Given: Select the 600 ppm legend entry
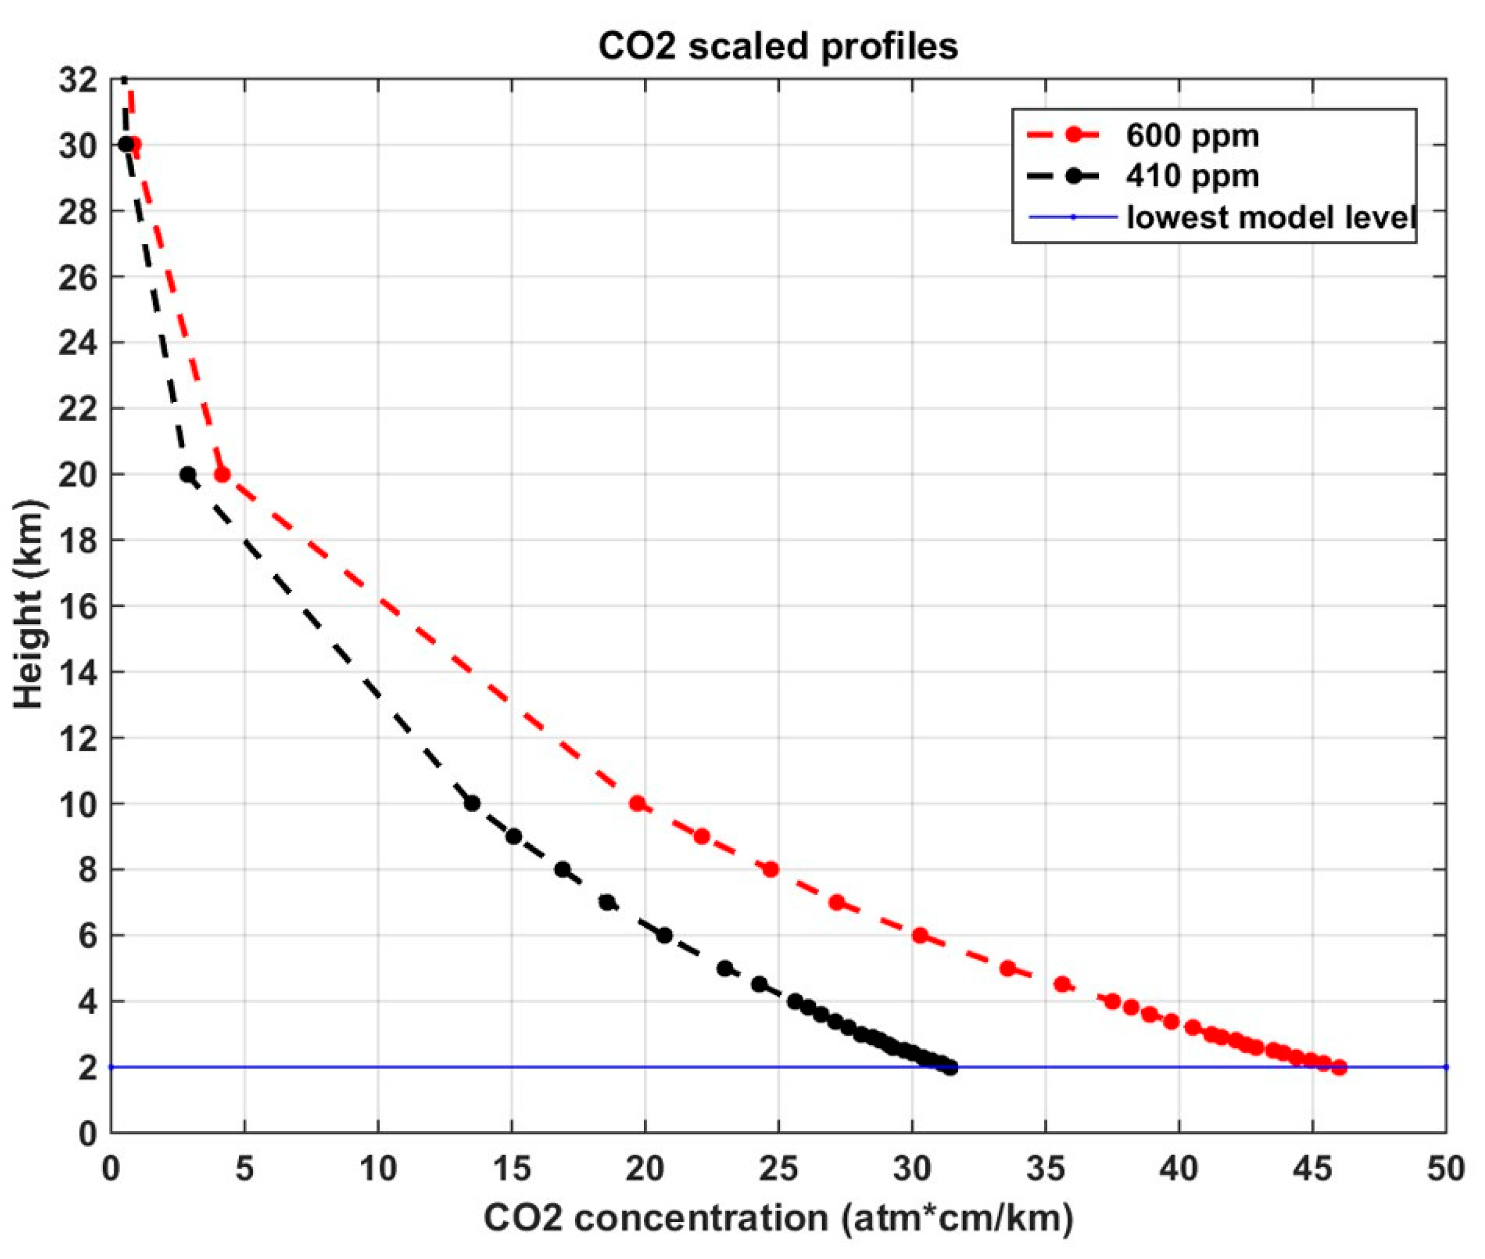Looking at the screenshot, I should tap(1192, 135).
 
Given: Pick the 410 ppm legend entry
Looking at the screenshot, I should tap(1192, 175).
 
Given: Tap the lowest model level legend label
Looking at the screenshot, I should tap(1270, 217).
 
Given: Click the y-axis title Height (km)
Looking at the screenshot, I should tap(29, 605).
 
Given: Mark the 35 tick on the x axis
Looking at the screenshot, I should tap(1046, 1168).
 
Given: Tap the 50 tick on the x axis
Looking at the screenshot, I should tap(1446, 1168).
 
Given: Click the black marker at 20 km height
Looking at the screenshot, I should tap(188, 475).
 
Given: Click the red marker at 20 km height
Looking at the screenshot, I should tap(222, 475).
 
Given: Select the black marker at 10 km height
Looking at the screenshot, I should tap(471, 804).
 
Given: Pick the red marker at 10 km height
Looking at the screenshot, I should tap(637, 804).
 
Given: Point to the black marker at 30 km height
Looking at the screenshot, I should tap(125, 144).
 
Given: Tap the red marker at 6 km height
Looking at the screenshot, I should tap(920, 936).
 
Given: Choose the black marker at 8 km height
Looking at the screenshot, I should tap(563, 869).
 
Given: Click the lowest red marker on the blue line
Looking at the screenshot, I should tap(1340, 1068).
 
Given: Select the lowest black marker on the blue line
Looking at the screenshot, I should tap(951, 1068).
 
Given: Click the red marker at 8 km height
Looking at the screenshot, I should tap(770, 869).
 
